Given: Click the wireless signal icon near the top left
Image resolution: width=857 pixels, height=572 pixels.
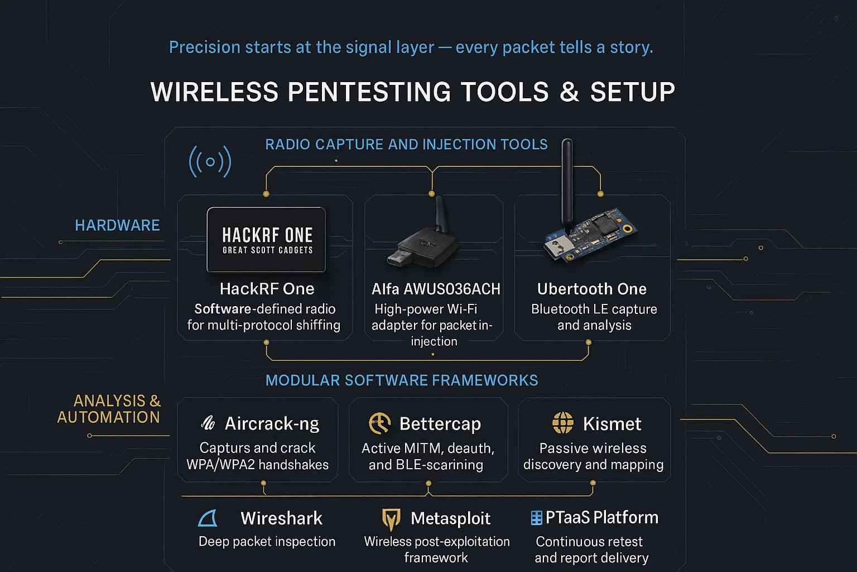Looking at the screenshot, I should [x=210, y=162].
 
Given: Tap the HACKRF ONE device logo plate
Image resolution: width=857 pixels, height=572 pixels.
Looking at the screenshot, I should [x=266, y=240].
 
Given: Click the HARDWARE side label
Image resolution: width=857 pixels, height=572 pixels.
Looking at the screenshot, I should [x=117, y=226].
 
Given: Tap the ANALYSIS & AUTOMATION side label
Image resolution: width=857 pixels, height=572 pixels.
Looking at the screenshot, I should [x=109, y=409].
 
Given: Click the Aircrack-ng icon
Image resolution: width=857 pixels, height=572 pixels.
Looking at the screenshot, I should [x=208, y=423].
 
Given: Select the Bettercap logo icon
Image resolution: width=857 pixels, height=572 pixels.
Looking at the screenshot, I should [x=379, y=423].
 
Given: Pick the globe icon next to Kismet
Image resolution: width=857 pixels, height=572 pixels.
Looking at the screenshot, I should [x=562, y=423].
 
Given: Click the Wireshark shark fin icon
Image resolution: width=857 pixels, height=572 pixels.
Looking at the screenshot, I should [x=208, y=518].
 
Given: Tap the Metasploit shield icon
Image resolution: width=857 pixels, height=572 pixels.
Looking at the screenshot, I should [x=391, y=519].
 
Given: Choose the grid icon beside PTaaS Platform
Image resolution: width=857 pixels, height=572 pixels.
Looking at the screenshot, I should [x=536, y=518].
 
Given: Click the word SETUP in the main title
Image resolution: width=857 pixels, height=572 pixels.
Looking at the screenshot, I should [x=632, y=92].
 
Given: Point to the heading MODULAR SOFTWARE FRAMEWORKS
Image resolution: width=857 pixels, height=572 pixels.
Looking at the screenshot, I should [x=402, y=380].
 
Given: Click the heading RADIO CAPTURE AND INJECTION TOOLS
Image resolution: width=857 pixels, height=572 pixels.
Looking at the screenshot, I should [x=406, y=145].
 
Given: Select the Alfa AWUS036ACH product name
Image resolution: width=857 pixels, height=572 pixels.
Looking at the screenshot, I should [x=436, y=289].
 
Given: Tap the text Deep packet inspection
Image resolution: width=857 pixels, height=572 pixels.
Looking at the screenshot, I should [x=267, y=541].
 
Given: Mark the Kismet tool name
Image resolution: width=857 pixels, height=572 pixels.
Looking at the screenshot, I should [x=612, y=424].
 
